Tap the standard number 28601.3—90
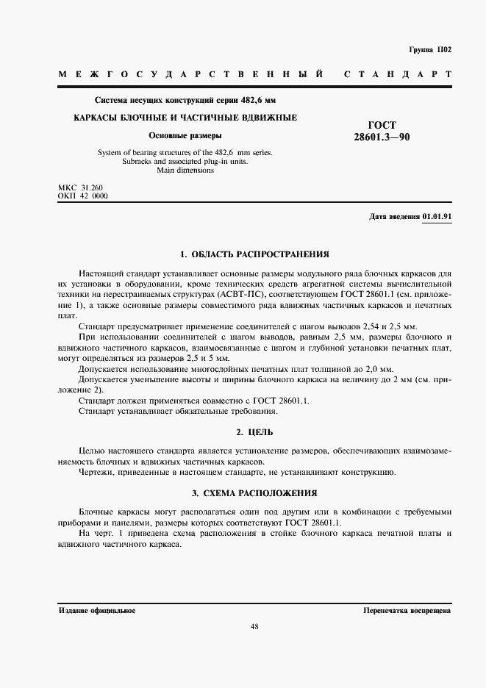coord(382,137)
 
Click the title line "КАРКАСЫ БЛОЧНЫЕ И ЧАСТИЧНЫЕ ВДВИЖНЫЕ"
coord(185,118)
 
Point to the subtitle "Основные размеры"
coord(185,135)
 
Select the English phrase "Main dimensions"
coord(185,171)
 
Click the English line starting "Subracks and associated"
coord(185,162)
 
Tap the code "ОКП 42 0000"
coord(82,197)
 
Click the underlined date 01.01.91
coord(437,218)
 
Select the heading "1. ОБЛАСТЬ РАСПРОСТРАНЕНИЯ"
coord(254,254)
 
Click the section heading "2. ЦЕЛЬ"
coord(254,432)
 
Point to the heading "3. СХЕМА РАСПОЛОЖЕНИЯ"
coord(254,492)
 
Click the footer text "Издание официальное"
coord(96,611)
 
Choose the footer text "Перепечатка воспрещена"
coord(407,611)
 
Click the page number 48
coord(254,627)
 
